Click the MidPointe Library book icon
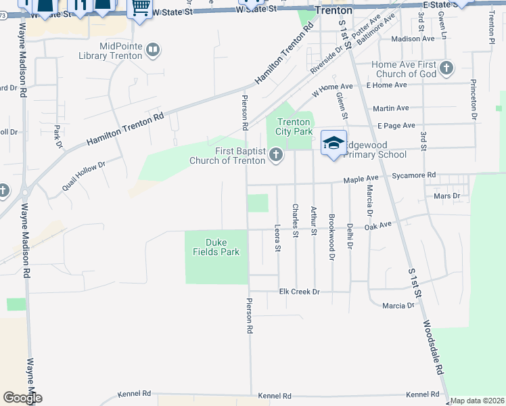coord(154,50)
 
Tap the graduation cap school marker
coord(333,143)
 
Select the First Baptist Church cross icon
coord(275,156)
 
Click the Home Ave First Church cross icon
coord(446,68)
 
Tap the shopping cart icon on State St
coord(140,8)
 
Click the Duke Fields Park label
coord(216,247)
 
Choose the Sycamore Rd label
coord(417,175)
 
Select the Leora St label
coord(277,238)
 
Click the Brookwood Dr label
coord(331,237)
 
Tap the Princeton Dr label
coord(474,101)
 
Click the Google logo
coord(23,398)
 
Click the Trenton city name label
coord(333,11)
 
